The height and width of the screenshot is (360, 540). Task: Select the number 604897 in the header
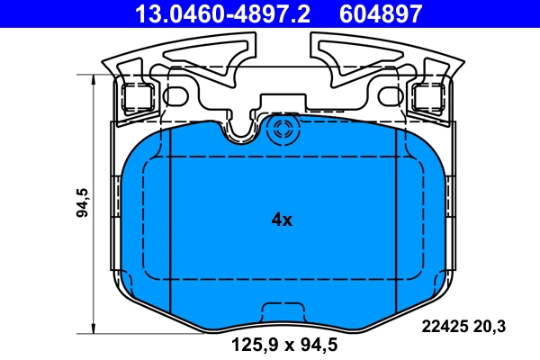pos(379,13)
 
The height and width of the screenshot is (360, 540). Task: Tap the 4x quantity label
pos(282,219)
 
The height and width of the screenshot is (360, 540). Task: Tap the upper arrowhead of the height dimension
pos(94,81)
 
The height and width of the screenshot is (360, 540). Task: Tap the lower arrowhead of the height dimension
pos(94,328)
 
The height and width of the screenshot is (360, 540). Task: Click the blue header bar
pos(270,13)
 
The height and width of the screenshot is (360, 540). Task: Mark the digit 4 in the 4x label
pos(276,219)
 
